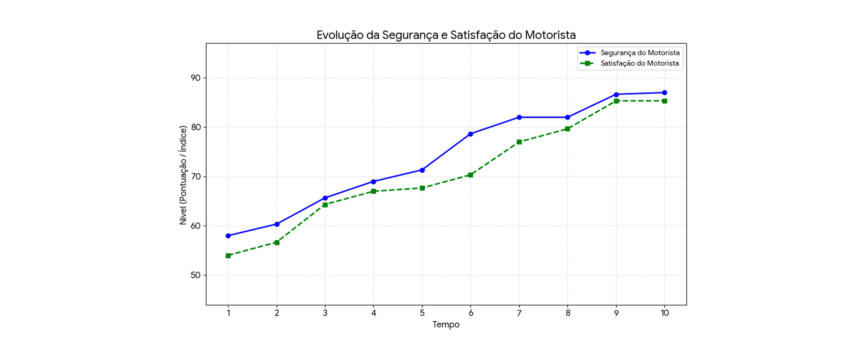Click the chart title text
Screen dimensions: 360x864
pos(446,35)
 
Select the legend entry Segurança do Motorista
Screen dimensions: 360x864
pos(640,53)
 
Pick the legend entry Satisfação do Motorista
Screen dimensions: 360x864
pos(639,63)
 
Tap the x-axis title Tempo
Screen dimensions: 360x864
pos(446,325)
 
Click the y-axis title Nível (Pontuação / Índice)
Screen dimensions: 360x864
pos(183,175)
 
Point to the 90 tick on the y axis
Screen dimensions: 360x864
pos(196,78)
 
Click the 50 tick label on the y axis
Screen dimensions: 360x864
pos(196,275)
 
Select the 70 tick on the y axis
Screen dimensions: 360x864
pos(196,177)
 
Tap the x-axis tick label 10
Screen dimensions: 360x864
pos(664,313)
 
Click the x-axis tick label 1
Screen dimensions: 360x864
pos(228,313)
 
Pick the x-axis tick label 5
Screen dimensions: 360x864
pos(422,313)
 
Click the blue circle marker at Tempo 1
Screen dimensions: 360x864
pos(228,236)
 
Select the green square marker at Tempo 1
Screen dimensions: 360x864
pos(228,256)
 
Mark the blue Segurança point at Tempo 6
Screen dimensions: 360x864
pos(471,134)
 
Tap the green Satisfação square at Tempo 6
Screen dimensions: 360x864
pos(471,175)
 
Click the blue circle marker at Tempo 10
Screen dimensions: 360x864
pos(664,93)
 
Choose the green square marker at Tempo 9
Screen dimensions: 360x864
pos(616,101)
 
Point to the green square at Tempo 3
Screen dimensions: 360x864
pos(325,205)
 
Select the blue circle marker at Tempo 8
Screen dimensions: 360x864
pos(567,118)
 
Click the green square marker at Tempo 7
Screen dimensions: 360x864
pos(519,142)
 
